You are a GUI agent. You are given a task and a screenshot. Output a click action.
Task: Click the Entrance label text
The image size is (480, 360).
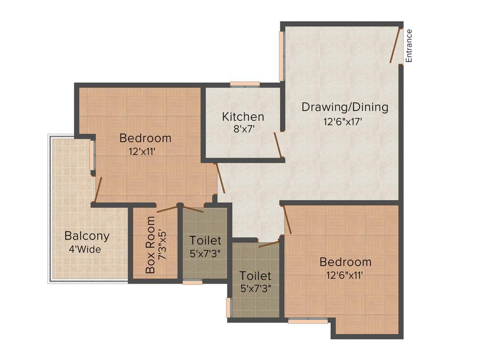click(409, 45)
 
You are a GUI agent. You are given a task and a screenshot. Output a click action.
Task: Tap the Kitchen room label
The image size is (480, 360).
click(243, 116)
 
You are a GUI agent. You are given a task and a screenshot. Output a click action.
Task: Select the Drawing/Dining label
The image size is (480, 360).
click(345, 107)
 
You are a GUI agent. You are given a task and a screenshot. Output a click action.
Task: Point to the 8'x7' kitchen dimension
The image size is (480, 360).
click(243, 128)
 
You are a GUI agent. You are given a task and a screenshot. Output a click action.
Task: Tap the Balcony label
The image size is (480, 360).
click(87, 236)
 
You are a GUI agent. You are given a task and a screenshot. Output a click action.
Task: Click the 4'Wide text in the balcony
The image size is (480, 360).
click(85, 249)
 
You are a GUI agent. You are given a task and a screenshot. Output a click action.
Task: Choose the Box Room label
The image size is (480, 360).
click(150, 245)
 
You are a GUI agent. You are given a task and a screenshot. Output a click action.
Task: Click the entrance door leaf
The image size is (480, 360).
click(395, 45)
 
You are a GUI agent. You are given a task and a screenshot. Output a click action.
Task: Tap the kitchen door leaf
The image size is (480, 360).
click(277, 145)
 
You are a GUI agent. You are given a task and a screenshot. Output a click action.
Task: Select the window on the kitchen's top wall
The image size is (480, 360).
click(245, 84)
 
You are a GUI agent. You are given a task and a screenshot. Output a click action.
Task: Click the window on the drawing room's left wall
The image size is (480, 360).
click(282, 56)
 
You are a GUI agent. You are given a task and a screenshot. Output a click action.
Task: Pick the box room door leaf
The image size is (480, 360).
click(167, 209)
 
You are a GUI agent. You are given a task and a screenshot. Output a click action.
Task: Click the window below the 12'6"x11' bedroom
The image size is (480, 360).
click(307, 321)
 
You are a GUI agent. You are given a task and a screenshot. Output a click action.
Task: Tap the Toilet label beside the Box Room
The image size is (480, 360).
click(205, 240)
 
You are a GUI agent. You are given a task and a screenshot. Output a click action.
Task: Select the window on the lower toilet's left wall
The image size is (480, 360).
click(229, 307)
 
